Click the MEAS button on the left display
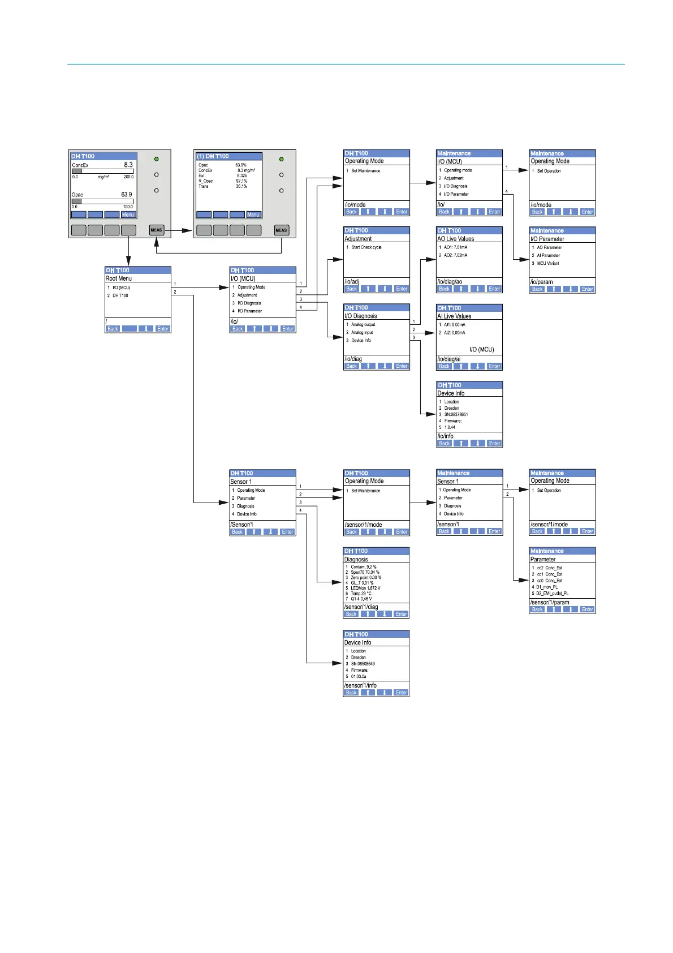coord(157,230)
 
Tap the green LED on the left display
coord(157,159)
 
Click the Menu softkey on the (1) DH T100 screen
coord(253,214)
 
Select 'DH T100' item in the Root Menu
coord(120,295)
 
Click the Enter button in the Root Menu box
coord(163,329)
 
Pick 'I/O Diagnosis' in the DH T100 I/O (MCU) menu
coord(249,303)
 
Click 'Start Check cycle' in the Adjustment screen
coord(366,247)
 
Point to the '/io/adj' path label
coord(352,281)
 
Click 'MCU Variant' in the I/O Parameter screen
coord(548,263)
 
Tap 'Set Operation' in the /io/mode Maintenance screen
coord(549,171)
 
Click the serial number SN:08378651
coord(456,414)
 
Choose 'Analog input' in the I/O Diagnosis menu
coord(362,333)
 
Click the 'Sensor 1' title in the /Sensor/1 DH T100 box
coord(241,482)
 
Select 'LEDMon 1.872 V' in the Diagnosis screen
coord(365,588)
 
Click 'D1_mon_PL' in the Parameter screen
coord(547,587)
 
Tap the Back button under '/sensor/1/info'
coord(351,693)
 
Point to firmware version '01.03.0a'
coord(359,676)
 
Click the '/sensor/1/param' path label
coord(550,602)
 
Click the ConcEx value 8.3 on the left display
coord(128,165)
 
